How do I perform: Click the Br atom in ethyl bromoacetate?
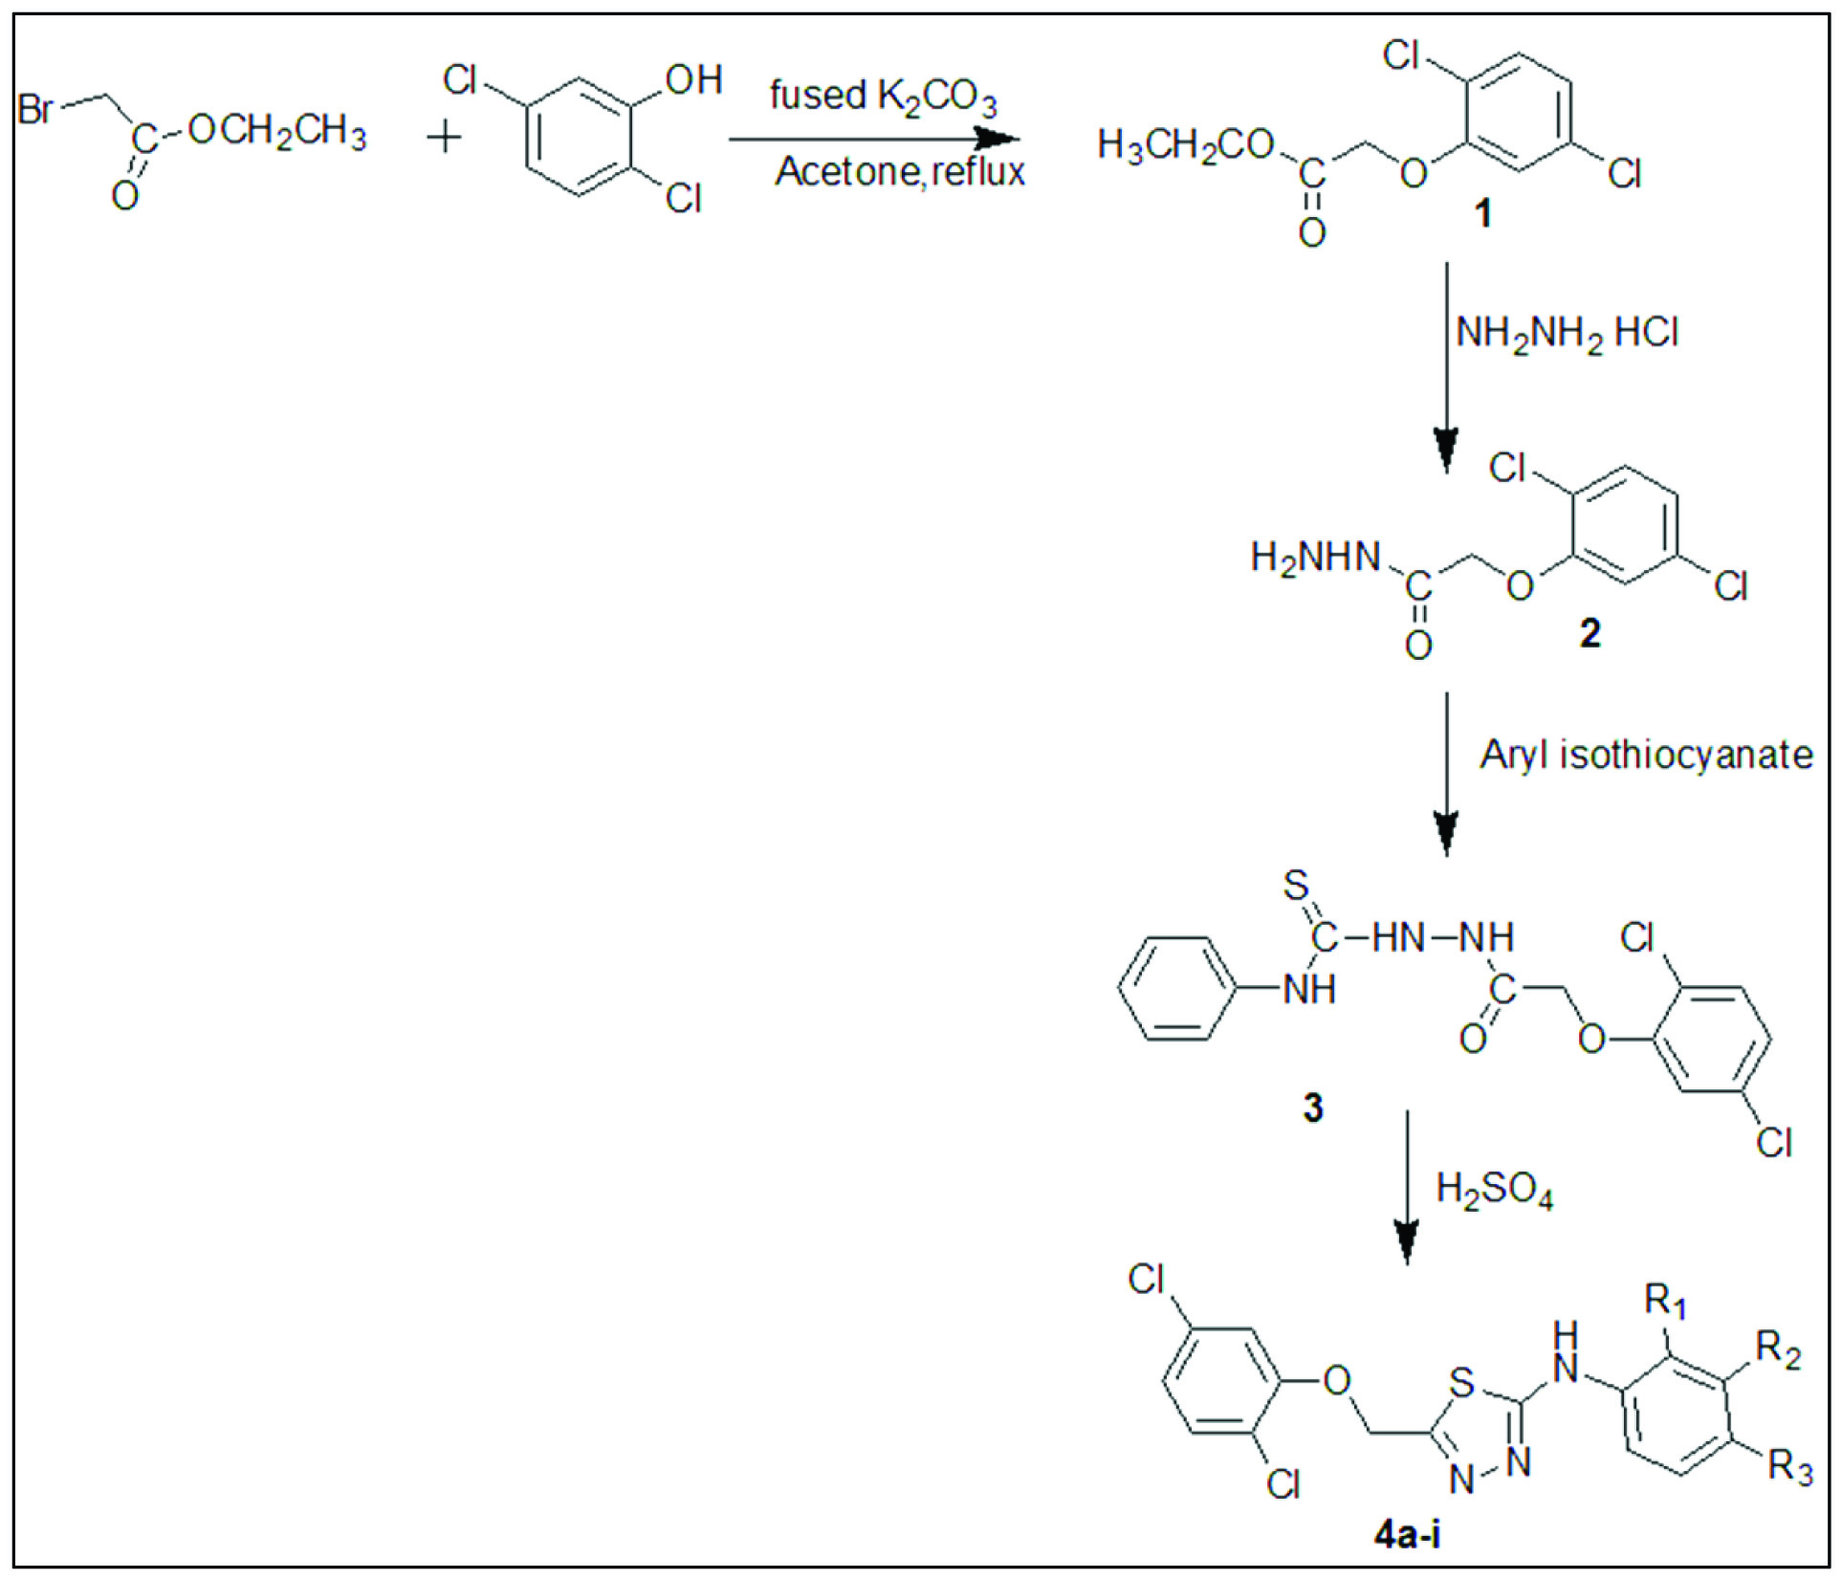(x=36, y=108)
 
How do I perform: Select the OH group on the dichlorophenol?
(x=693, y=80)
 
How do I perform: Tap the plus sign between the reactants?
(x=444, y=139)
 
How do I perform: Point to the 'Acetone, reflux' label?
(x=899, y=172)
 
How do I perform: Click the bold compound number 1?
(x=1482, y=212)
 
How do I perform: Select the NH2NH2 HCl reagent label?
(x=1567, y=334)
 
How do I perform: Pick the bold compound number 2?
(x=1590, y=633)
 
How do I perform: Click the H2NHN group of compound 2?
(x=1316, y=558)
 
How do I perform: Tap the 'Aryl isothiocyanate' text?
(x=1646, y=756)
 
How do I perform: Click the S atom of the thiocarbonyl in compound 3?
(x=1296, y=886)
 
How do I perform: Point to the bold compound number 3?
(x=1313, y=1107)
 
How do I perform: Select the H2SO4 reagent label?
(x=1494, y=1191)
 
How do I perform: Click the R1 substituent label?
(x=1665, y=1302)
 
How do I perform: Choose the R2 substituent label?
(x=1778, y=1349)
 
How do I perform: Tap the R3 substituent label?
(x=1789, y=1466)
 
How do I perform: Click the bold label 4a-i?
(x=1407, y=1535)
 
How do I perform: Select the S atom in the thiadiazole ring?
(x=1461, y=1382)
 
